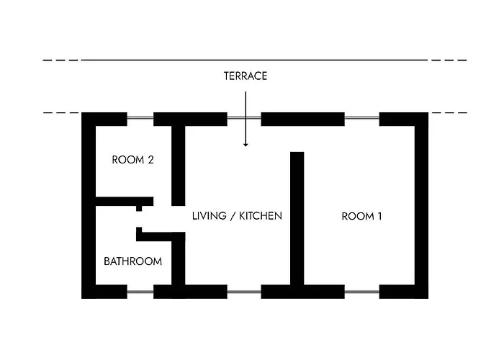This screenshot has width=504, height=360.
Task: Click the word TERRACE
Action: pos(246,76)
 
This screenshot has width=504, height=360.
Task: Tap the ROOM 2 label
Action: pos(132,160)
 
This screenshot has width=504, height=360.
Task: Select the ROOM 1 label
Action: pos(361,216)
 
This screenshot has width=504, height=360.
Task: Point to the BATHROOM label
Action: pos(132,261)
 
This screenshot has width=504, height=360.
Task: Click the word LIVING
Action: pos(210,216)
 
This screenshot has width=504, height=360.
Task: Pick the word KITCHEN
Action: pos(261,216)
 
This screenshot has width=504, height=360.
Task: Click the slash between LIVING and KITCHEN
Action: pos(233,216)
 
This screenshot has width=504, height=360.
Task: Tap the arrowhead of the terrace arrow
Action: pos(246,144)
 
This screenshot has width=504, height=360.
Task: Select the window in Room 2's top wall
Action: pos(140,118)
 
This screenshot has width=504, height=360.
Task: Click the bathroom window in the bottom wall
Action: pos(140,292)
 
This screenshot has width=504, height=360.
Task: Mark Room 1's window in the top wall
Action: pos(362,118)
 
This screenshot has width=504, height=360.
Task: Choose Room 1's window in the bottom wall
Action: pos(362,292)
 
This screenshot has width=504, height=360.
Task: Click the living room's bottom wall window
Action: pos(244,292)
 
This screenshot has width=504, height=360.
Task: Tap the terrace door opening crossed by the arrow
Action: pos(244,118)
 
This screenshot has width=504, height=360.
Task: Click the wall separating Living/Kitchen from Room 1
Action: pos(297,218)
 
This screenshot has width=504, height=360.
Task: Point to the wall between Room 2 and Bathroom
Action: pos(125,202)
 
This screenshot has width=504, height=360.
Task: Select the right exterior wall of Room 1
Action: pos(421,205)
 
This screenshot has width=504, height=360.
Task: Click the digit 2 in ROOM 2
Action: pos(150,160)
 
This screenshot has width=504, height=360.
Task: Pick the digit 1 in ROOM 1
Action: pos(379,216)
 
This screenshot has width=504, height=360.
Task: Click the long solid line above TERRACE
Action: pos(254,60)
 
